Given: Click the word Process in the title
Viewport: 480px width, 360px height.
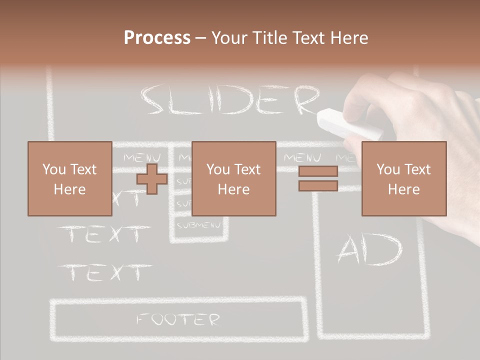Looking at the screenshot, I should (x=157, y=38).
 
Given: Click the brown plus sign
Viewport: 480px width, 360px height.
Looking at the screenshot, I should (x=152, y=179).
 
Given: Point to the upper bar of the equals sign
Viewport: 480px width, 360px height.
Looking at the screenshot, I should (x=318, y=171).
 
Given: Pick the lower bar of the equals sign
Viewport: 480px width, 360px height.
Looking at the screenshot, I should (x=318, y=186).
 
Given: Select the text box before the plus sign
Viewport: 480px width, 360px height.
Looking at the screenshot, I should (x=69, y=179).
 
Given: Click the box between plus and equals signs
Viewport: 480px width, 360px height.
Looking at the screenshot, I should (x=233, y=179).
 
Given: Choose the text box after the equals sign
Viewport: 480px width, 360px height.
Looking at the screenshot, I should (x=403, y=179).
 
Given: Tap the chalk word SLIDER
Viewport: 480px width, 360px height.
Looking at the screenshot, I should (x=230, y=100).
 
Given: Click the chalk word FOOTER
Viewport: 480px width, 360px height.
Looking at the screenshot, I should (x=178, y=319).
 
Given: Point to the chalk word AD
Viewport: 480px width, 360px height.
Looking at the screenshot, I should (x=369, y=250).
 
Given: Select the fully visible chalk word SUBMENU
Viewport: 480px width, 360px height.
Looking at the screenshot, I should (x=199, y=225).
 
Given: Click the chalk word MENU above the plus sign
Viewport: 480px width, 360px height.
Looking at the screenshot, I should (x=141, y=158).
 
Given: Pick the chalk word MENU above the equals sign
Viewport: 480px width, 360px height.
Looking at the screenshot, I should (x=302, y=158).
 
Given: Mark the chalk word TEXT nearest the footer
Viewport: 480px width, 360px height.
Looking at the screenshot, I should (x=105, y=272).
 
